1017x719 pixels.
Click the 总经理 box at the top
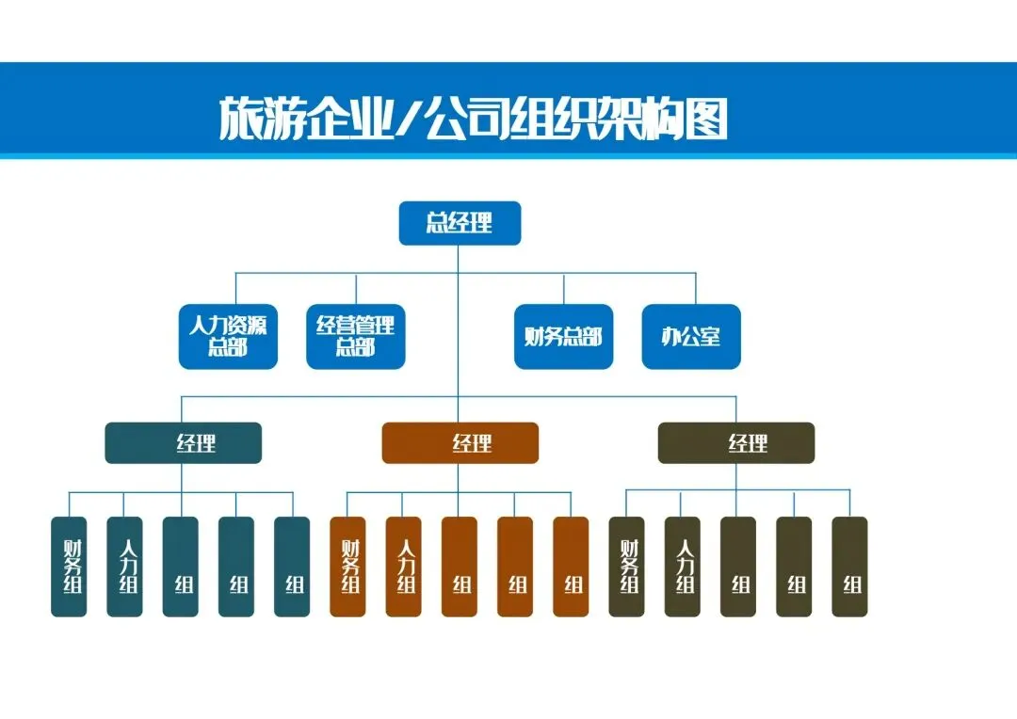(x=460, y=223)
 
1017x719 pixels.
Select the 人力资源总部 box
(x=228, y=337)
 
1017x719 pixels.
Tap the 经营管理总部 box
(x=356, y=337)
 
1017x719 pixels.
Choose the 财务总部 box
(x=563, y=337)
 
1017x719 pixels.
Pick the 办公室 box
(x=691, y=337)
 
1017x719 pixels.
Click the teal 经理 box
(x=183, y=443)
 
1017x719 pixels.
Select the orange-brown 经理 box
(x=460, y=443)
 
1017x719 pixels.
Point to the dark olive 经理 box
(x=735, y=443)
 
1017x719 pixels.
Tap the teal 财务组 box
(x=69, y=567)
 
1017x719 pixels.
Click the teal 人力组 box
(x=124, y=567)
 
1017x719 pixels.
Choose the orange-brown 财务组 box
(x=347, y=567)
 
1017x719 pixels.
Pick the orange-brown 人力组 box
(x=403, y=567)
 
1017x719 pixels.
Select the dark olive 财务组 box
(x=626, y=567)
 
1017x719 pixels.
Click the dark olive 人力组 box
(x=682, y=567)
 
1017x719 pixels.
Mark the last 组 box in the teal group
(x=292, y=567)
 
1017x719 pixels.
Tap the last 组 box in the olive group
(x=849, y=567)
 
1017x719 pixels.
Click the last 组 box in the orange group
(x=571, y=567)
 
